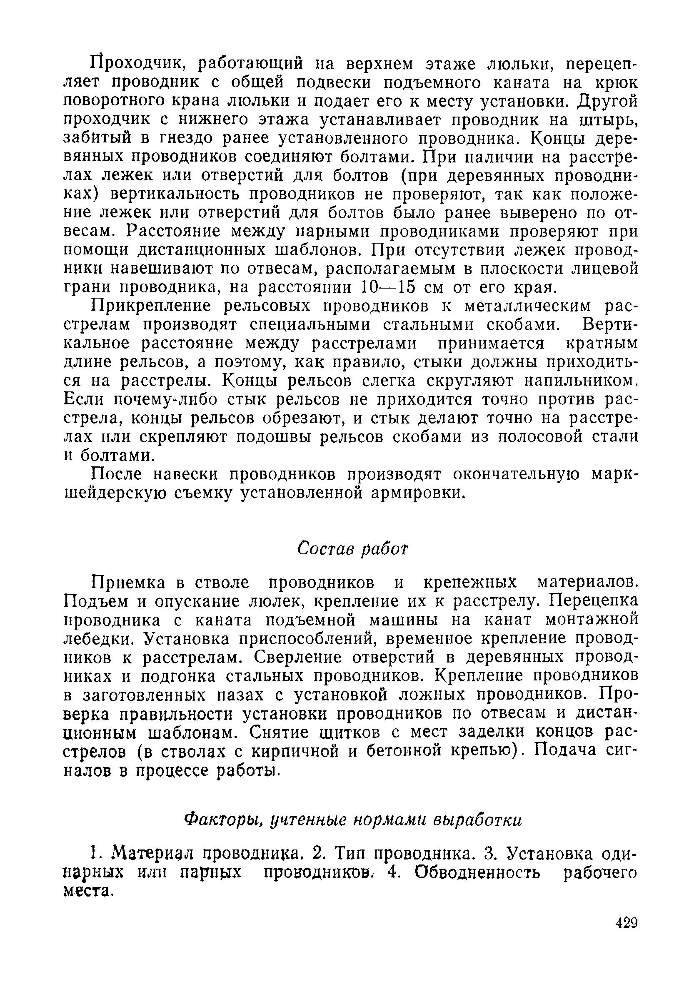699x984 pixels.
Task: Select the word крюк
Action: [614, 82]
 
